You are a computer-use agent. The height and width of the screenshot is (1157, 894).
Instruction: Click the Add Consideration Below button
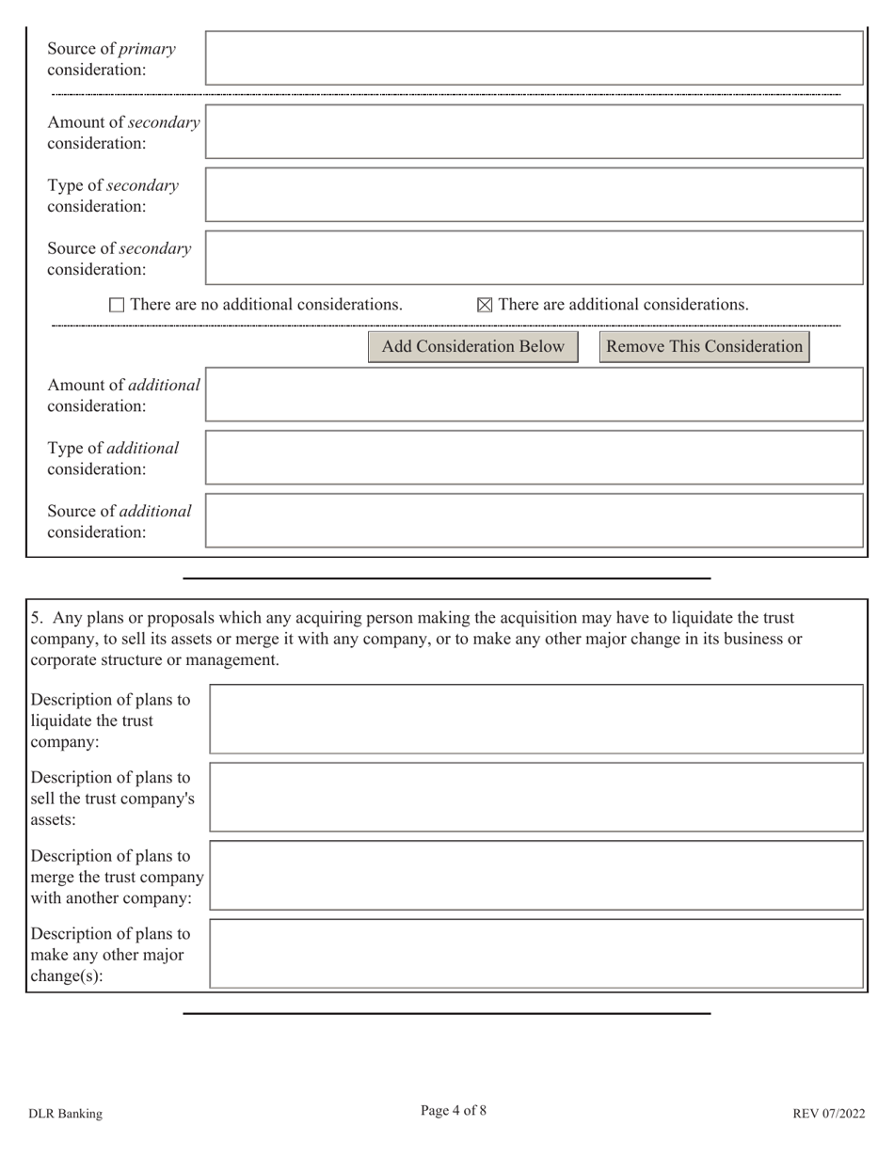pyautogui.click(x=472, y=347)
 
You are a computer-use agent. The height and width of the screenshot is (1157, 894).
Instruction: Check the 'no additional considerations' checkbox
pyautogui.click(x=117, y=305)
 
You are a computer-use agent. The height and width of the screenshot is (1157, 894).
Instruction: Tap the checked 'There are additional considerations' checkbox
pyautogui.click(x=485, y=305)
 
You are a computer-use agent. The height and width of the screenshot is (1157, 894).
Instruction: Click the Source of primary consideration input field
pyautogui.click(x=534, y=58)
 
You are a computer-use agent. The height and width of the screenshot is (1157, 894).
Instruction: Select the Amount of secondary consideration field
pyautogui.click(x=534, y=132)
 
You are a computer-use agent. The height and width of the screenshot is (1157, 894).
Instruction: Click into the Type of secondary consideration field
pyautogui.click(x=534, y=195)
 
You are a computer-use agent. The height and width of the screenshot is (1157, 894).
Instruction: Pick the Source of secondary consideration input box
pyautogui.click(x=534, y=258)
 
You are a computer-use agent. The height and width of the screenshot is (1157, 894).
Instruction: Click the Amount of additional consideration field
pyautogui.click(x=534, y=394)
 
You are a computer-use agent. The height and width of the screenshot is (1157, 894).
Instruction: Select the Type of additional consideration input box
pyautogui.click(x=534, y=457)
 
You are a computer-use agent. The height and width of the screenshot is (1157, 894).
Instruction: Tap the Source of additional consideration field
pyautogui.click(x=534, y=520)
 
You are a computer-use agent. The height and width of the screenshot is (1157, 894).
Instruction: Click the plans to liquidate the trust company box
pyautogui.click(x=535, y=720)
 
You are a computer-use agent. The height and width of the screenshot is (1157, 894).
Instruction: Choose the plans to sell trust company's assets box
pyautogui.click(x=535, y=798)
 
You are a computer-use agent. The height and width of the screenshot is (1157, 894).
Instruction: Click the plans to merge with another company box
pyautogui.click(x=535, y=876)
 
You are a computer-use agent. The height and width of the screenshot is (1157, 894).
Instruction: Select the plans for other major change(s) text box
pyautogui.click(x=535, y=954)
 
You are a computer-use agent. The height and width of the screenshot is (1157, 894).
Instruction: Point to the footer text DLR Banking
pyautogui.click(x=65, y=1114)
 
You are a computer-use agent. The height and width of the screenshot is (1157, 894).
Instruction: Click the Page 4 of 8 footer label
pyautogui.click(x=454, y=1111)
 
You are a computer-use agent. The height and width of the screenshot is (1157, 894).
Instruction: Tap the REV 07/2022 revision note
pyautogui.click(x=828, y=1114)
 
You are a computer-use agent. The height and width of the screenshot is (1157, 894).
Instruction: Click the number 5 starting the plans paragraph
pyautogui.click(x=36, y=618)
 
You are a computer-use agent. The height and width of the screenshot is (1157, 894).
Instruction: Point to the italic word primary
pyautogui.click(x=146, y=48)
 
